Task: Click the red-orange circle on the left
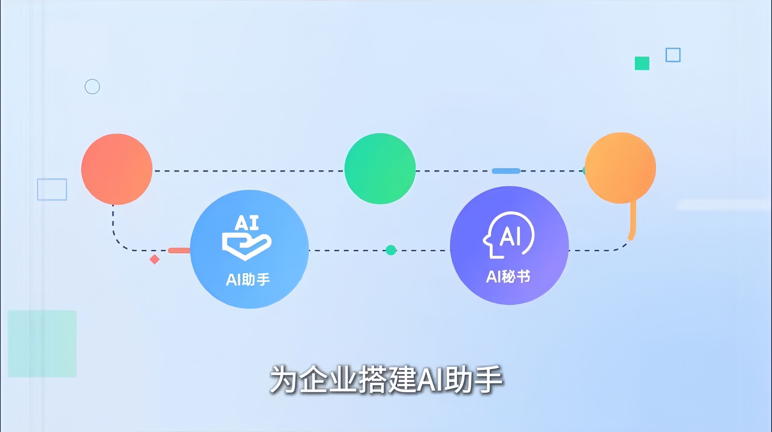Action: pyautogui.click(x=117, y=169)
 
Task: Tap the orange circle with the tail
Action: pyautogui.click(x=620, y=168)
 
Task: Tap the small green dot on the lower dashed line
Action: pyautogui.click(x=391, y=250)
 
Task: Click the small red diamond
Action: pyautogui.click(x=155, y=259)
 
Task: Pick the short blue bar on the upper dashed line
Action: pyautogui.click(x=506, y=171)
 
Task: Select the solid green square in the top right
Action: pyautogui.click(x=642, y=63)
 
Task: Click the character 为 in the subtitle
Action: pyautogui.click(x=284, y=379)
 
